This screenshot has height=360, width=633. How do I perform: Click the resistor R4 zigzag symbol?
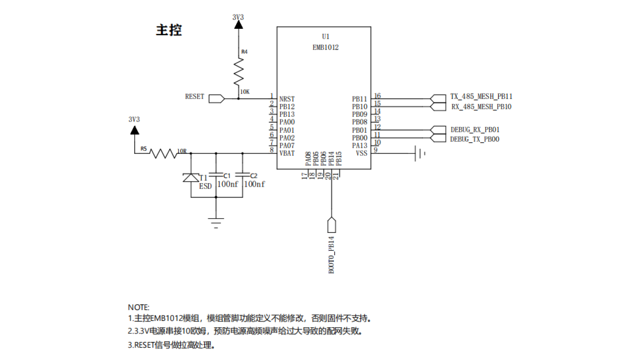tap(239, 71)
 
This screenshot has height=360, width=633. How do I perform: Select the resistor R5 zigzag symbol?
tap(163, 153)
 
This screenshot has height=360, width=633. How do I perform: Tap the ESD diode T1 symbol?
tap(191, 178)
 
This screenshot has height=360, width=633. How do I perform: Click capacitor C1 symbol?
tap(216, 175)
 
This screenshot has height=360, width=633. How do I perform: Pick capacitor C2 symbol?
tap(243, 175)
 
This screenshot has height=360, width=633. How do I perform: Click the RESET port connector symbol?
tap(217, 99)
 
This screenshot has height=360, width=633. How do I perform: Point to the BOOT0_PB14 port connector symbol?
tap(332, 225)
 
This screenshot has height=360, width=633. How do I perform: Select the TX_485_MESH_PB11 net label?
tap(481, 97)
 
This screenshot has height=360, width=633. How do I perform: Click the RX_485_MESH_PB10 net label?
tap(481, 107)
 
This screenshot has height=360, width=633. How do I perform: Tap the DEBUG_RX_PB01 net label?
tap(475, 130)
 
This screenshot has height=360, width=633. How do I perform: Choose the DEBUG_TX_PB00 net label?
tap(475, 139)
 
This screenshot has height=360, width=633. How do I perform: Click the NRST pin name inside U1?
tap(287, 99)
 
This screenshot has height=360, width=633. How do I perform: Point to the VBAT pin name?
tap(287, 153)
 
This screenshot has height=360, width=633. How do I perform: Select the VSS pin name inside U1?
tap(361, 153)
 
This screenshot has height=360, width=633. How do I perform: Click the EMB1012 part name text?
tap(325, 47)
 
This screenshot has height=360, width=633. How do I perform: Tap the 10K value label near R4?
tap(245, 92)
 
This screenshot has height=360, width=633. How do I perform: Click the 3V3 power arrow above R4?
tap(239, 25)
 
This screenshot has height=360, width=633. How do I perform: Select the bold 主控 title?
tap(169, 30)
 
